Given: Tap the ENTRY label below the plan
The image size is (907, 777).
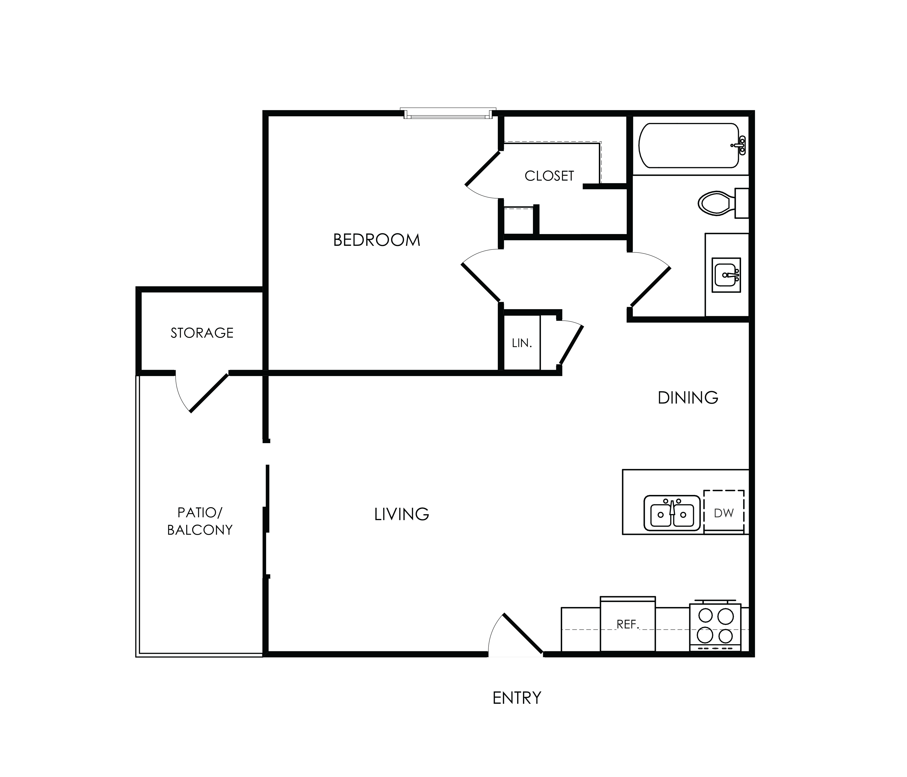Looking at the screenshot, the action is tap(517, 698).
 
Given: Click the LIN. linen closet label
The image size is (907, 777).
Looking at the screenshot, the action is tap(522, 343).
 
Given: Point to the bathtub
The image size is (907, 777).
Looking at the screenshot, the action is tap(693, 146).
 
